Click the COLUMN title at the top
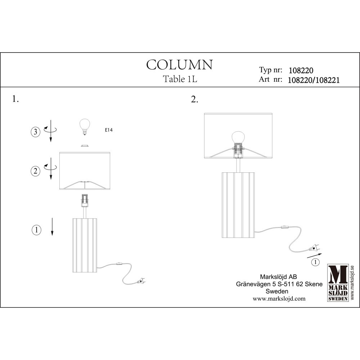click(180, 65)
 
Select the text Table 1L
click(180, 79)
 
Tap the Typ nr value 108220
click(301, 70)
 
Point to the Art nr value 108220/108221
click(314, 80)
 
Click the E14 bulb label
click(109, 130)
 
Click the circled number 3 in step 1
click(36, 132)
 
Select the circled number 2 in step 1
click(35, 171)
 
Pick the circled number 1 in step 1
click(36, 230)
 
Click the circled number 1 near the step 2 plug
click(315, 262)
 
